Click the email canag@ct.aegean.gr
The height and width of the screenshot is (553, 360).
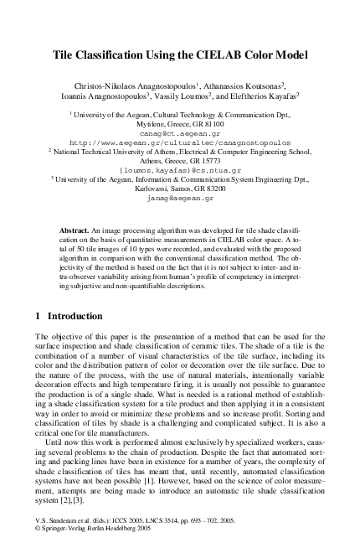[x=180, y=132]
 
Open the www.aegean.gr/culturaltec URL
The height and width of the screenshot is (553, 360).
[x=180, y=142]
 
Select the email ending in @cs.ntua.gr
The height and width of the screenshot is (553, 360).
[x=180, y=170]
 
